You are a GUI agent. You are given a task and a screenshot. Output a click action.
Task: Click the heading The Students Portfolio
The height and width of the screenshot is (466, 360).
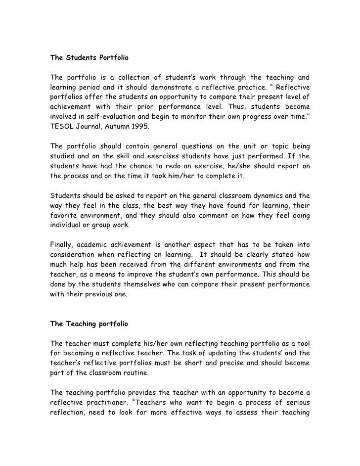point(89,58)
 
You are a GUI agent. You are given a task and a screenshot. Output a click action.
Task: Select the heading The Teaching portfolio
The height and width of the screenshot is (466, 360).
point(89,324)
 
